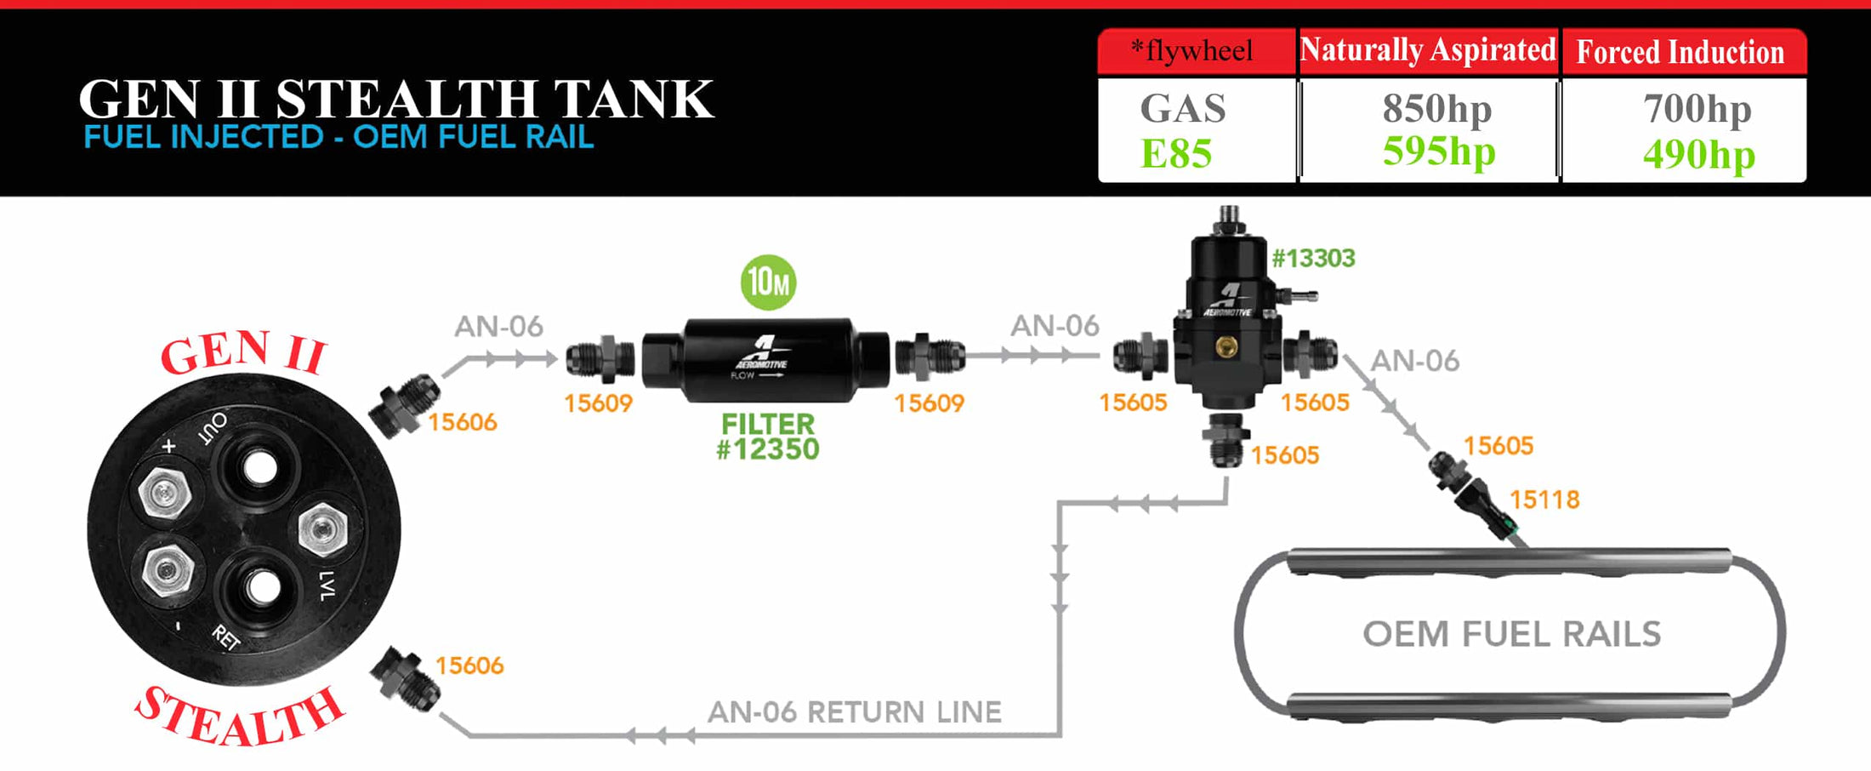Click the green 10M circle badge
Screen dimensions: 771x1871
click(768, 282)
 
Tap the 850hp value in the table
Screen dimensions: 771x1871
click(1436, 108)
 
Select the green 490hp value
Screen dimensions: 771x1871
click(1698, 154)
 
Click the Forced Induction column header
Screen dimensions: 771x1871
click(1680, 52)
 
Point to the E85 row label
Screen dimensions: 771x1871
click(1175, 154)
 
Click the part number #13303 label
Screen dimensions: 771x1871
click(1313, 258)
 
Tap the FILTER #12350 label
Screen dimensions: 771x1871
click(768, 437)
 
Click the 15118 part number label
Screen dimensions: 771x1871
click(1544, 500)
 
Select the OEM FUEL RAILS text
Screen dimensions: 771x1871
click(1511, 634)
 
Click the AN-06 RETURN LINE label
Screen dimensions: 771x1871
click(854, 711)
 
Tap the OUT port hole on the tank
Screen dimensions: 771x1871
click(259, 466)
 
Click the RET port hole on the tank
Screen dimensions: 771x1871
click(261, 585)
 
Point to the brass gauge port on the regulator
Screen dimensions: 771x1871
click(1226, 346)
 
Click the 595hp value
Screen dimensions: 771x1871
click(1438, 151)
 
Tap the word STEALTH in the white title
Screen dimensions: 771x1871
click(407, 99)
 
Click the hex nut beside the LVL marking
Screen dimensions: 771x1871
click(322, 528)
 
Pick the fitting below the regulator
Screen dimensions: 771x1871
click(1226, 438)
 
